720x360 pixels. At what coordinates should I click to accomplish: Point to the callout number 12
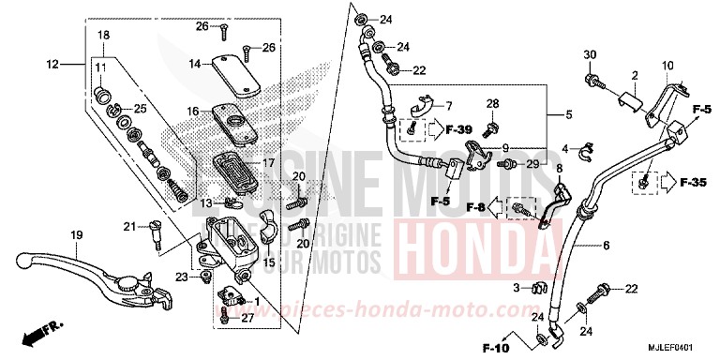(x=52, y=64)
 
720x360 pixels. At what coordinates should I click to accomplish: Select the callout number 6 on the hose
(x=606, y=245)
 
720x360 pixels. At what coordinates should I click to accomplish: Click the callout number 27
(x=248, y=320)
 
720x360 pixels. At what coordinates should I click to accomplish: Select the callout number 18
(x=103, y=35)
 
